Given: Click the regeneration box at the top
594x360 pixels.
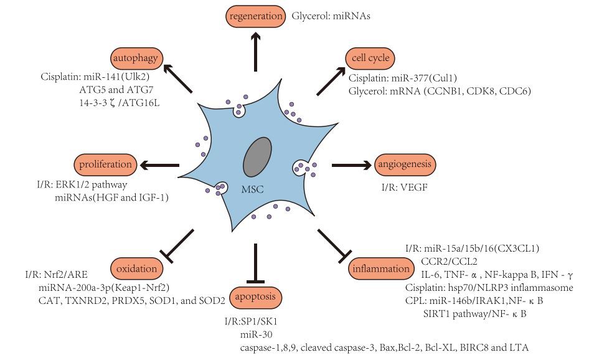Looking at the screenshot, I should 255,15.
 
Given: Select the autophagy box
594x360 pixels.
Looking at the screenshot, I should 138,59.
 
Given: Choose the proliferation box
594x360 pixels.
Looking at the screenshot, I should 105,165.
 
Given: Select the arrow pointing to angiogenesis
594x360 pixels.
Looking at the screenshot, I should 352,165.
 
